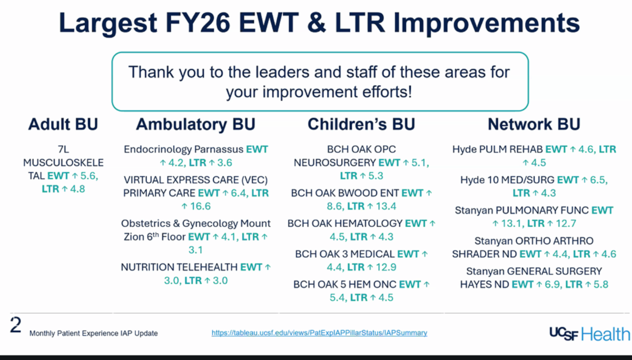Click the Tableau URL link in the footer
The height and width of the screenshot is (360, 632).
319,333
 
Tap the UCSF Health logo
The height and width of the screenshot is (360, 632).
590,334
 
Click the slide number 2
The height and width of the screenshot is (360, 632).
16,325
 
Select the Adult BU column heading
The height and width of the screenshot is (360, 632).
63,124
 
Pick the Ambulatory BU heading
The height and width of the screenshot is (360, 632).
196,124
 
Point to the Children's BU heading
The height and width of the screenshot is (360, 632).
361,124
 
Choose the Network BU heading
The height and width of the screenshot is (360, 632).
534,124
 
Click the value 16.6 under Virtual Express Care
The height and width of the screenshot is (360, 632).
201,206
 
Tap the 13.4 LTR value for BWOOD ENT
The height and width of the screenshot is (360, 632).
386,206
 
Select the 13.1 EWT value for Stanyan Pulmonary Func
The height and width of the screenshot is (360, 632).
511,224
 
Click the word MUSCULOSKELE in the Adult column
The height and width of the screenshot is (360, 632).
64,163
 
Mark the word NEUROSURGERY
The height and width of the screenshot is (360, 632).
334,163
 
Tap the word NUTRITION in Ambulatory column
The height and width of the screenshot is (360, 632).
146,267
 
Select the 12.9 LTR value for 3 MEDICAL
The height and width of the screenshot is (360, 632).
386,267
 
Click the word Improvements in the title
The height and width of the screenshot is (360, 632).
487,23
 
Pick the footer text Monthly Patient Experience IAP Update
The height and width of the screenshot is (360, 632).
93,333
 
